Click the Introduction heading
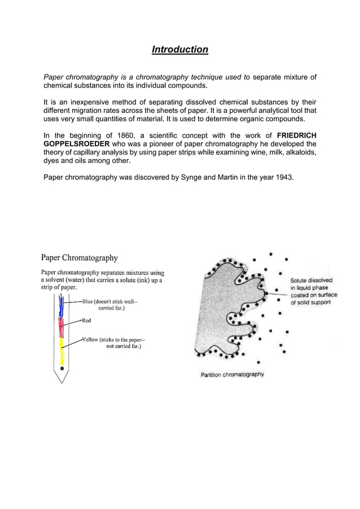coord(180,50)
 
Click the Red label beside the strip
coord(86,321)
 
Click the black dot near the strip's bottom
coord(62,367)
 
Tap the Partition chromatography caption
coord(232,374)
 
